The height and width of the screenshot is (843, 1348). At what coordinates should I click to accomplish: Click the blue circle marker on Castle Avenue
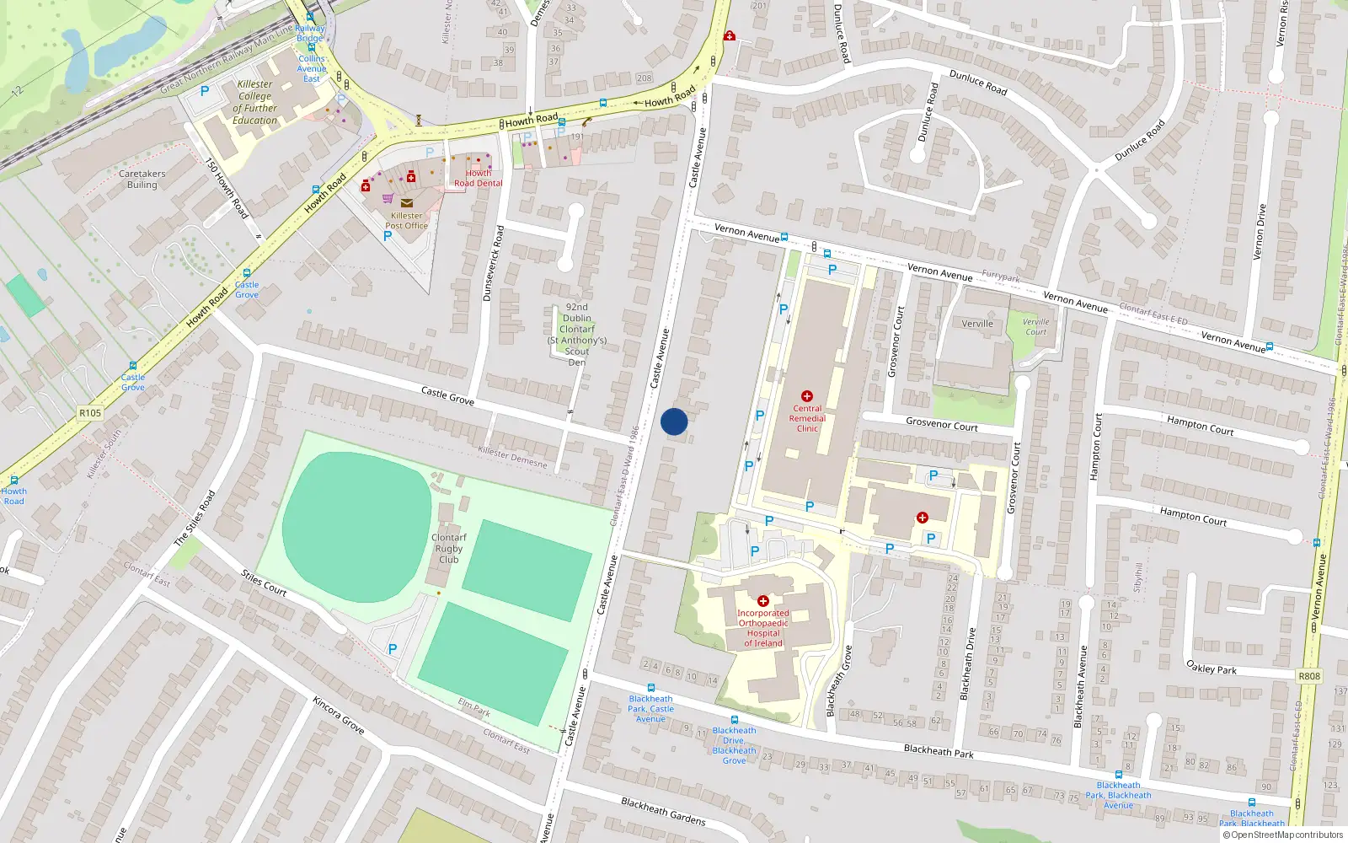click(674, 421)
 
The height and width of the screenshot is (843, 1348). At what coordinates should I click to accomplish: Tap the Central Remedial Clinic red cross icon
click(807, 396)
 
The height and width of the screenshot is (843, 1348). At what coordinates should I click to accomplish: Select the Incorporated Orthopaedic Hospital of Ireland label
click(763, 628)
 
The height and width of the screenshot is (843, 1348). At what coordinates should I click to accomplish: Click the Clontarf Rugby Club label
click(449, 548)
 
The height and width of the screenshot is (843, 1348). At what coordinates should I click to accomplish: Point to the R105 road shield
click(90, 413)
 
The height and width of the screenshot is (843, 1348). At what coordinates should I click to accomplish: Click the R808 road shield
click(1309, 676)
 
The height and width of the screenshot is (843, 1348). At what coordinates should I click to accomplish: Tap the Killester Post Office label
click(406, 221)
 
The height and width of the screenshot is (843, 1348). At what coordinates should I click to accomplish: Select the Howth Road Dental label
click(478, 178)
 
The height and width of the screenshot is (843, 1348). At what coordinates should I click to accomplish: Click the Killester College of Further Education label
click(254, 102)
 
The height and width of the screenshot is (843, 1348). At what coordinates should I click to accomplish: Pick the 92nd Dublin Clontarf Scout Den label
click(577, 335)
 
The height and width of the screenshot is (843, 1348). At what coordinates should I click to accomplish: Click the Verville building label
click(977, 324)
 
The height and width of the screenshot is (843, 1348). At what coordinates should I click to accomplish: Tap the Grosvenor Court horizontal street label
click(941, 424)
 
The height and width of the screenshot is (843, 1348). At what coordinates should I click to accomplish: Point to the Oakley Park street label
click(1212, 668)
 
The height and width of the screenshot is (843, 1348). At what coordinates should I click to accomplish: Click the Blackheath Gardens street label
click(663, 811)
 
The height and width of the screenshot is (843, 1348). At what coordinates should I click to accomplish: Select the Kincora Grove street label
click(338, 715)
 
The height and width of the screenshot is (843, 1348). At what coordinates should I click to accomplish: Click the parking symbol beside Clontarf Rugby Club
click(392, 649)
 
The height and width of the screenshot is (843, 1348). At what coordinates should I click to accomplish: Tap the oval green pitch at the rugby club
click(356, 515)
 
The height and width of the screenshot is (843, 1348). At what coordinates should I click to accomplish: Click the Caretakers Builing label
click(142, 179)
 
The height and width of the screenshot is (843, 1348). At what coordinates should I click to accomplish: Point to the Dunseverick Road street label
click(494, 263)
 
